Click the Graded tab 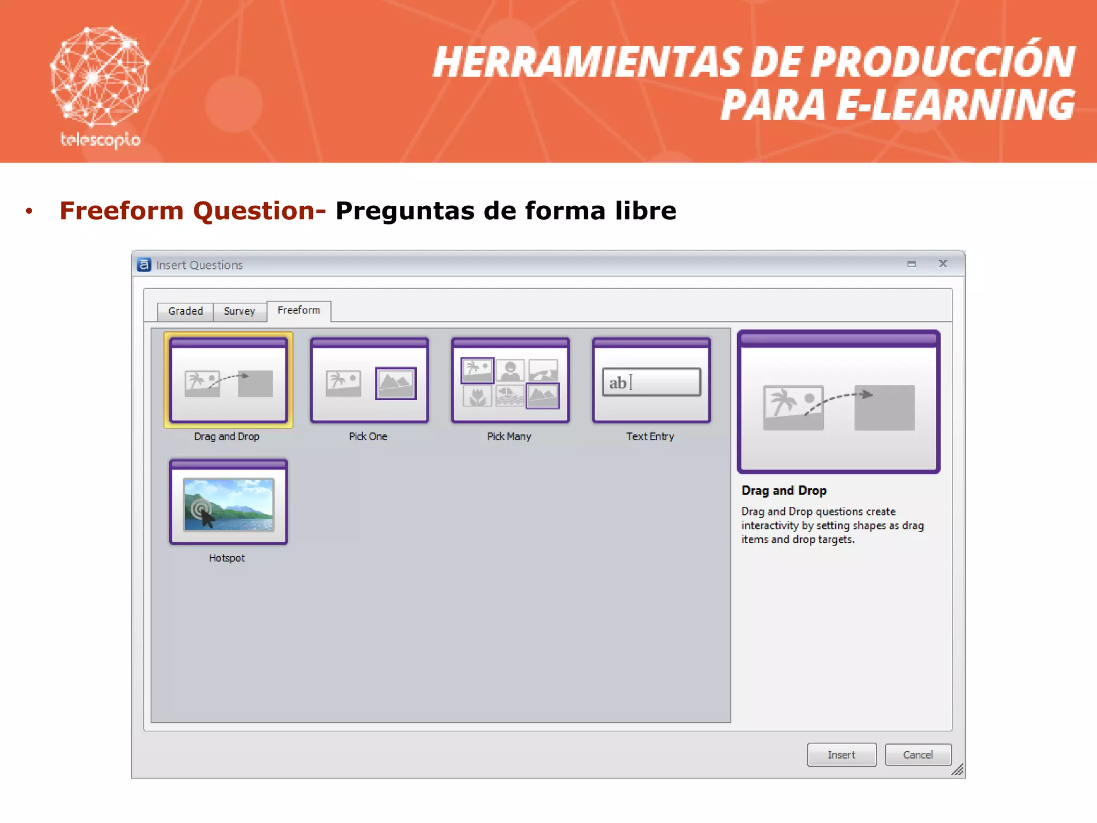pyautogui.click(x=185, y=311)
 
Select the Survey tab pyautogui.click(x=239, y=311)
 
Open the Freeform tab pyautogui.click(x=299, y=310)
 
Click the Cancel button pyautogui.click(x=918, y=754)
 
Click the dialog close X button pyautogui.click(x=943, y=264)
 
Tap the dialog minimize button pyautogui.click(x=912, y=264)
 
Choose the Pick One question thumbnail pyautogui.click(x=369, y=380)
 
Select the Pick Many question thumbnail pyautogui.click(x=510, y=380)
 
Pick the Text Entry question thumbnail pyautogui.click(x=651, y=380)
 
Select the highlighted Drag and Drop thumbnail pyautogui.click(x=229, y=380)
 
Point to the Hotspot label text pyautogui.click(x=227, y=558)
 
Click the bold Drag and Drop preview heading pyautogui.click(x=784, y=490)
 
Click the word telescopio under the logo pyautogui.click(x=100, y=140)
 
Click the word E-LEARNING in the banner pyautogui.click(x=956, y=104)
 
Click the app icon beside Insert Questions pyautogui.click(x=144, y=265)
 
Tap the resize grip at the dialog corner pyautogui.click(x=958, y=770)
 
